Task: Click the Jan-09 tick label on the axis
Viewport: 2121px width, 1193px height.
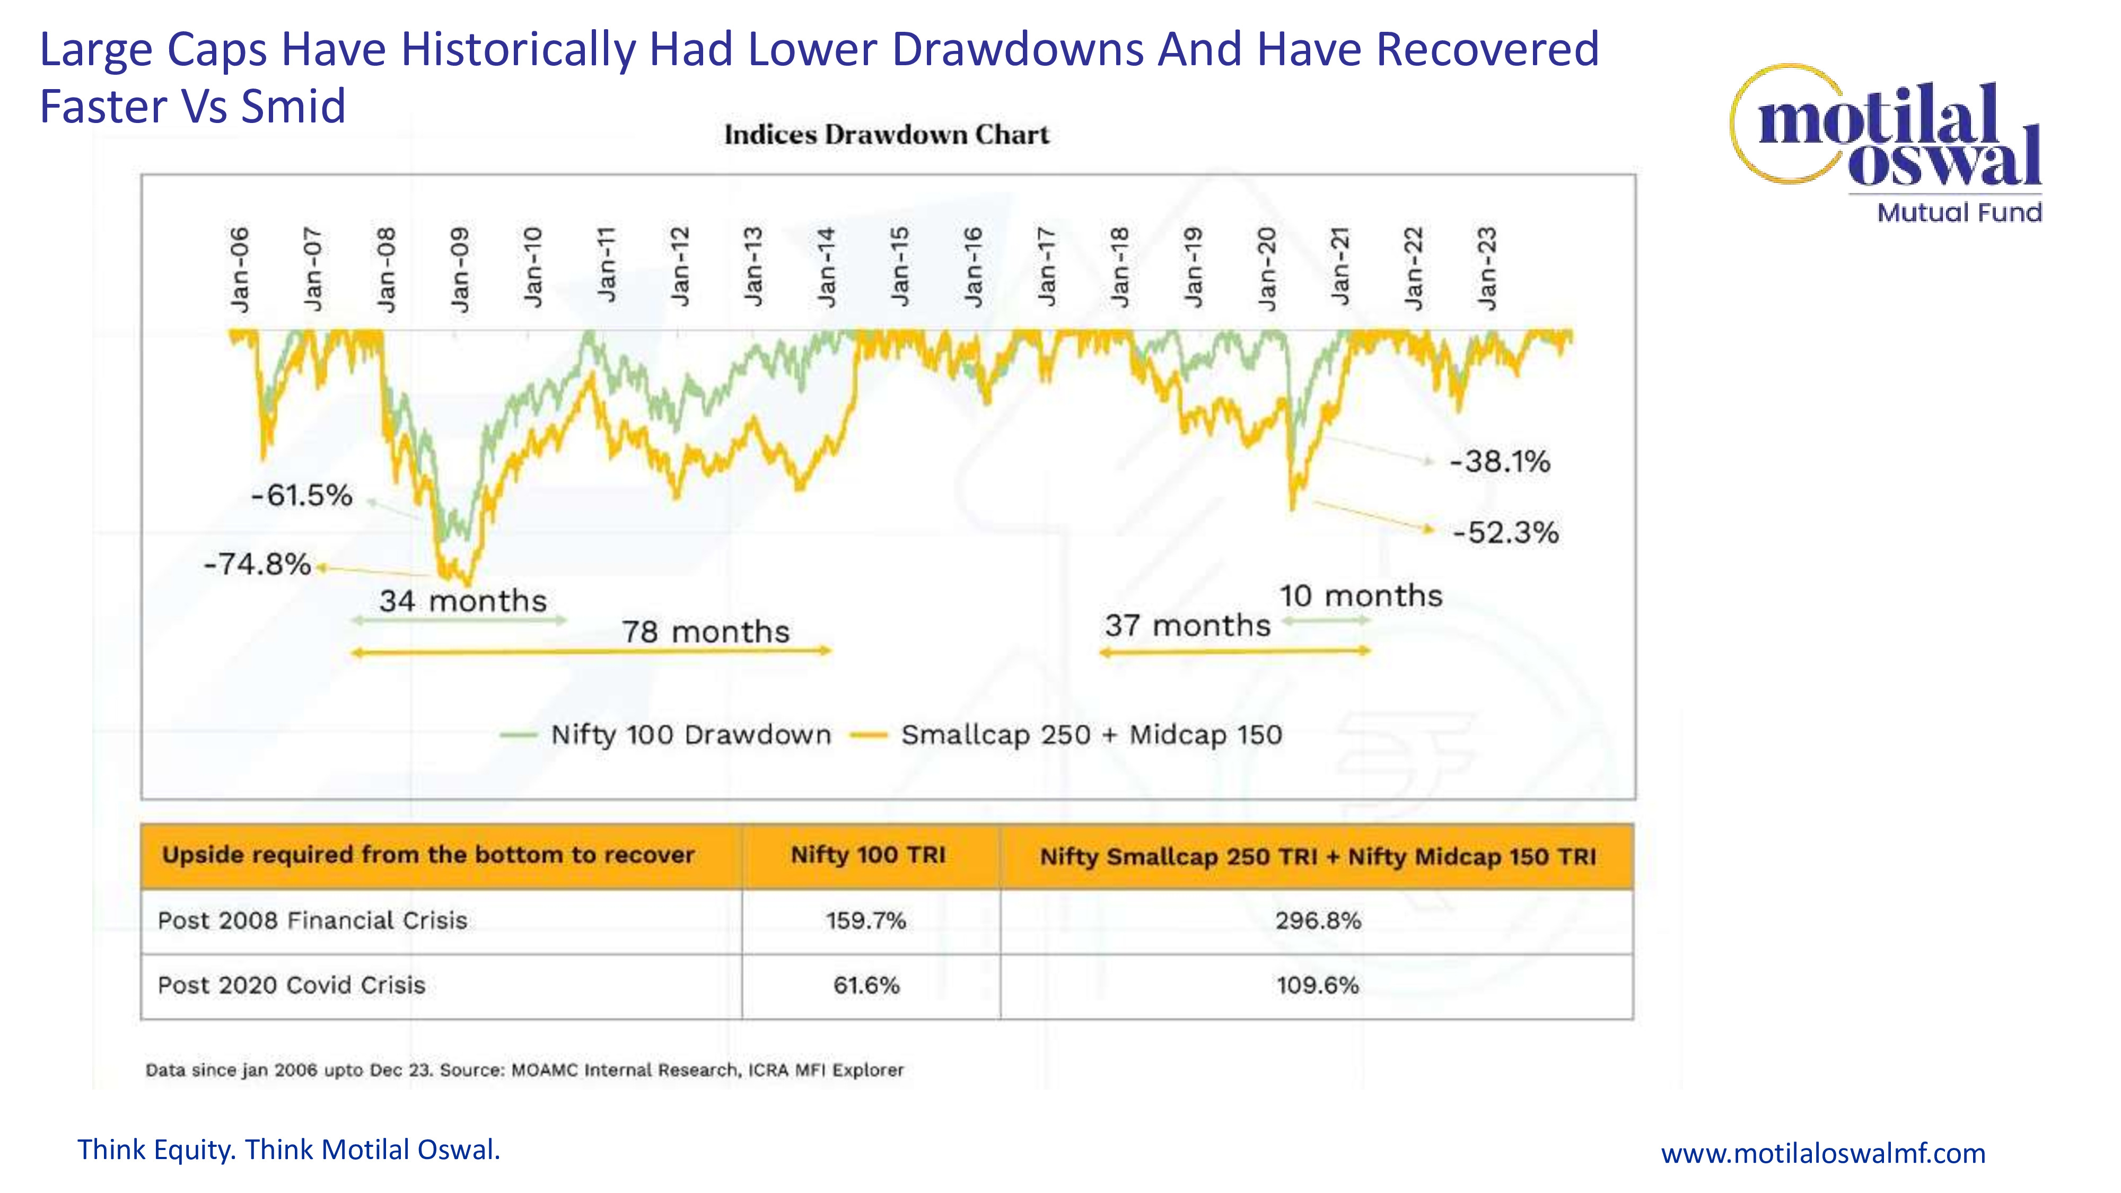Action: point(460,269)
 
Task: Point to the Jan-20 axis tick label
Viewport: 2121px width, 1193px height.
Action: point(1267,269)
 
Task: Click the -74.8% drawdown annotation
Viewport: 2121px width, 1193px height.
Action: point(257,565)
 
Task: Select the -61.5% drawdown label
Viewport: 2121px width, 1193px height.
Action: point(301,496)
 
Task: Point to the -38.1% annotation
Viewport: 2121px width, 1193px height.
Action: point(1500,462)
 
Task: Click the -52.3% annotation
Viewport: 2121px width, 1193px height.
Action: point(1505,533)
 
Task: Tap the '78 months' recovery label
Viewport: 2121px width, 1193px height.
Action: point(706,633)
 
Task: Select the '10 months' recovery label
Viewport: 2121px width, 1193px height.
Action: point(1360,596)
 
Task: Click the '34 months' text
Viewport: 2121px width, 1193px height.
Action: point(463,601)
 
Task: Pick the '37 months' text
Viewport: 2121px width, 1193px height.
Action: point(1187,626)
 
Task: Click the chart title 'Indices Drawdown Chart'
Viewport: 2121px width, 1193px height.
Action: point(887,135)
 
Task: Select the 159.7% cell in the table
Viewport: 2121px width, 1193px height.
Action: point(866,920)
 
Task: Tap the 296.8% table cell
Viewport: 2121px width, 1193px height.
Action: point(1317,920)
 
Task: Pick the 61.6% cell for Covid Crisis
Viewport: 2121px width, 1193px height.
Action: point(866,986)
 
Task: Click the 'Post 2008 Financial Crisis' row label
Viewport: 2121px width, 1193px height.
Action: point(312,920)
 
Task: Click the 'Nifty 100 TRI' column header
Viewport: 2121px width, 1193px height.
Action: point(868,855)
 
